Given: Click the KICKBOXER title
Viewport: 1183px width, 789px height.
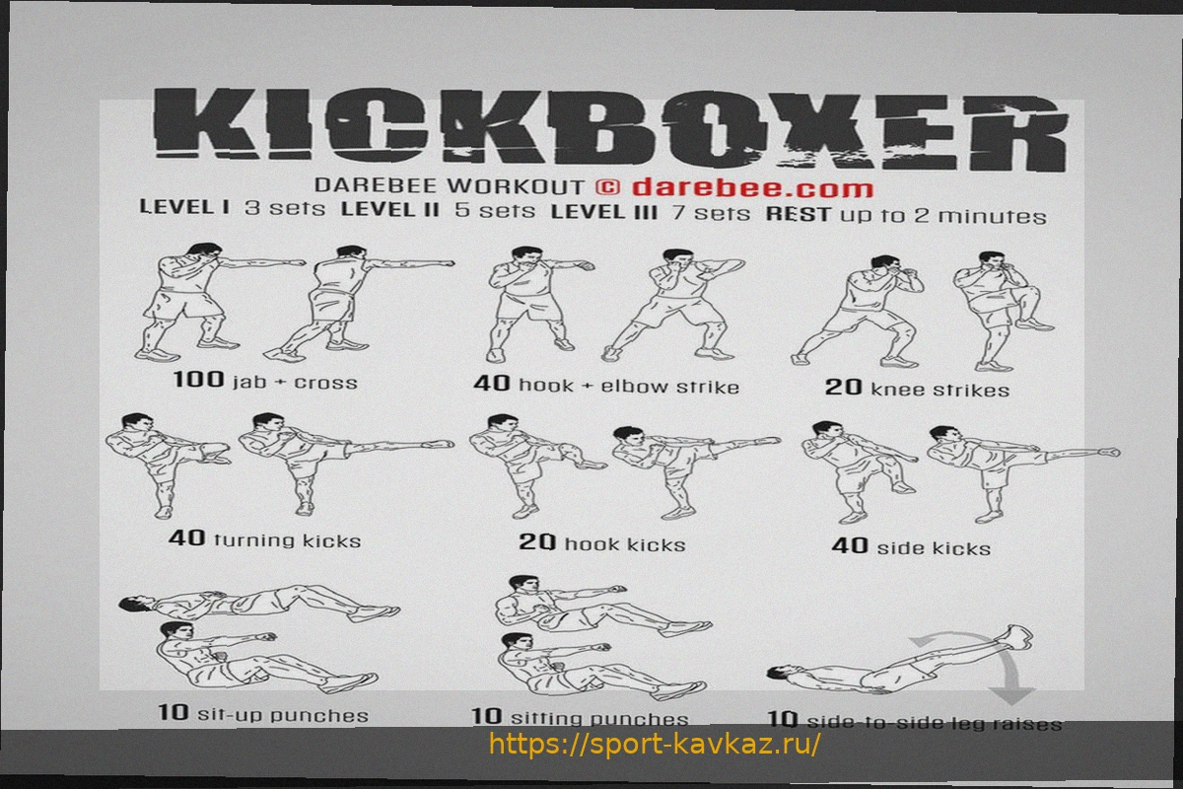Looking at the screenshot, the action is (611, 128).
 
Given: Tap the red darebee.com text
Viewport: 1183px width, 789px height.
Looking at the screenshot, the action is (752, 188).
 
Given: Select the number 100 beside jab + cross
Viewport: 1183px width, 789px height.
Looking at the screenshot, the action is (198, 379).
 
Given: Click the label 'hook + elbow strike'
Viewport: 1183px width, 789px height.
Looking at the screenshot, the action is (629, 387).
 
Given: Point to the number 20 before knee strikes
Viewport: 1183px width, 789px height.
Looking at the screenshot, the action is (844, 388).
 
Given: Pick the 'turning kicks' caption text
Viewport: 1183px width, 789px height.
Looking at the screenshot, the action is (287, 540).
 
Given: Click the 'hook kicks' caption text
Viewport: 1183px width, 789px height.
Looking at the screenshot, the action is (625, 544).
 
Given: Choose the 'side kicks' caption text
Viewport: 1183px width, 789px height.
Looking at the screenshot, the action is (934, 548).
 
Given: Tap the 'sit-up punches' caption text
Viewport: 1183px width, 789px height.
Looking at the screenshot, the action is (283, 715).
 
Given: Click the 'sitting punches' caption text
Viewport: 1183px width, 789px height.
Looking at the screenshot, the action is (600, 718).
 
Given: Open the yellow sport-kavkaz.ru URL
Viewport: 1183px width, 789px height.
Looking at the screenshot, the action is (655, 745).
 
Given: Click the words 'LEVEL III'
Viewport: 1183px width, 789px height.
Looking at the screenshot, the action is (604, 212).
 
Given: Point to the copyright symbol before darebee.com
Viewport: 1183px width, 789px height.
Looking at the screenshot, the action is (607, 187).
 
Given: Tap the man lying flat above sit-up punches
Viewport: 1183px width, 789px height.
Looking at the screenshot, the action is (258, 603).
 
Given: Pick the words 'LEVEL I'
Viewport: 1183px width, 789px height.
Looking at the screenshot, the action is (184, 206).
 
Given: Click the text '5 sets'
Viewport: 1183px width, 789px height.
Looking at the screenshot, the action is (495, 210).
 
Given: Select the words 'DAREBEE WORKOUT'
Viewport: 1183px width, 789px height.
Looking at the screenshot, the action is (449, 185).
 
